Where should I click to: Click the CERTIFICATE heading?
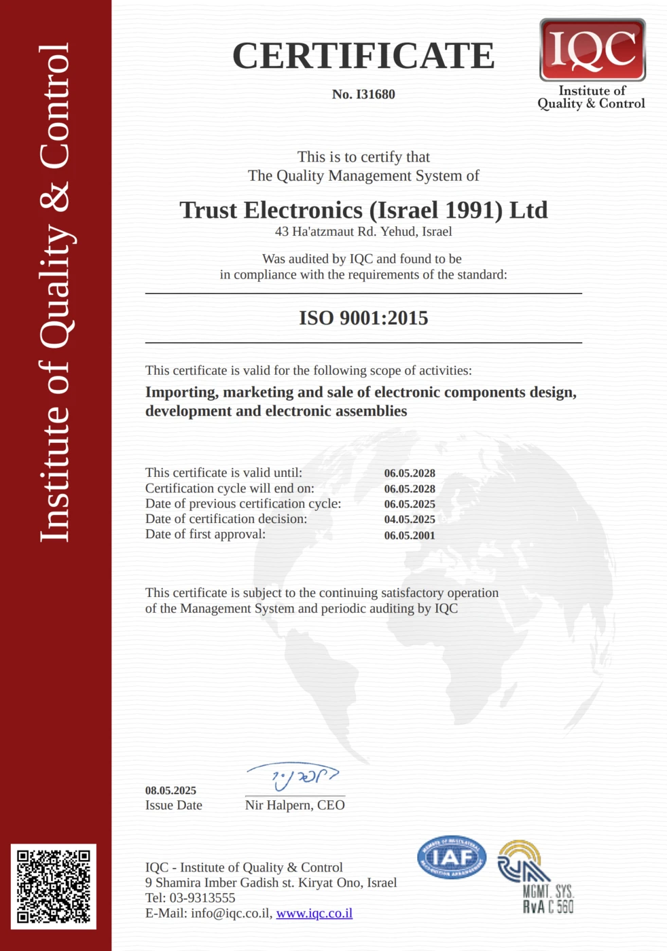(363, 56)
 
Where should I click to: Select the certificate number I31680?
(363, 94)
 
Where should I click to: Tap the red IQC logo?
(592, 50)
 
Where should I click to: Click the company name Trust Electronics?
(363, 210)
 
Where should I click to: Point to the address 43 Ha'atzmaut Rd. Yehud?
(363, 232)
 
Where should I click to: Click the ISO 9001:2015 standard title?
(363, 318)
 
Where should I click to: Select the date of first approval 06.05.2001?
(410, 535)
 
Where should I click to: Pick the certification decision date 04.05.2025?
(410, 520)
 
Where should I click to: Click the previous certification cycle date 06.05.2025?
(410, 504)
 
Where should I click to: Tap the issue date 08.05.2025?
(170, 791)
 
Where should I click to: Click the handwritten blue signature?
(293, 776)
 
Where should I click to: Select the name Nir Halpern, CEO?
(295, 805)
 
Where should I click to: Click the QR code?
(54, 886)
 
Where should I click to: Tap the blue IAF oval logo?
(452, 857)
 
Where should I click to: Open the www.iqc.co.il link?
(314, 914)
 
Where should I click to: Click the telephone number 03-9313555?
(202, 898)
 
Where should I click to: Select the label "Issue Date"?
(173, 806)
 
